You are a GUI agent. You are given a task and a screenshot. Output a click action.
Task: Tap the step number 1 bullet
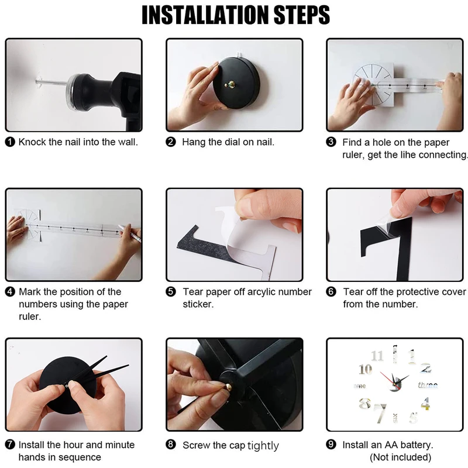coord(10,142)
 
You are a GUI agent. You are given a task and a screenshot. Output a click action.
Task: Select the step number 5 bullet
coord(171,291)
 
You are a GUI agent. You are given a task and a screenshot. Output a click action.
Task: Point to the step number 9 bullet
coord(331,445)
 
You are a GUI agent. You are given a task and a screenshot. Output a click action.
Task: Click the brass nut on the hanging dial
coord(230,85)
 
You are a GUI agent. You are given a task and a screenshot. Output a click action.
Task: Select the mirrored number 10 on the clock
coord(365,370)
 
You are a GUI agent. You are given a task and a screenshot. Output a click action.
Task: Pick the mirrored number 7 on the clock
coord(380,413)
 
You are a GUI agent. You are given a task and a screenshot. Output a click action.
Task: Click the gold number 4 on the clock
coord(426,404)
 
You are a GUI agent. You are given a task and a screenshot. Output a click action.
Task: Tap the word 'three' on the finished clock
coord(428,386)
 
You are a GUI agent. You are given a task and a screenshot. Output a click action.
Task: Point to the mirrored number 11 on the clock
coord(377,356)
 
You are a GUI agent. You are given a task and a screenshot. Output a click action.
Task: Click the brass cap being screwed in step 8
coord(228,387)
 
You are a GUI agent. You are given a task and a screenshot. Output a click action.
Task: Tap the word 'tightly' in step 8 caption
coord(263,446)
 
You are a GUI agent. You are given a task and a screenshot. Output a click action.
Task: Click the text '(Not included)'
coord(401,457)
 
